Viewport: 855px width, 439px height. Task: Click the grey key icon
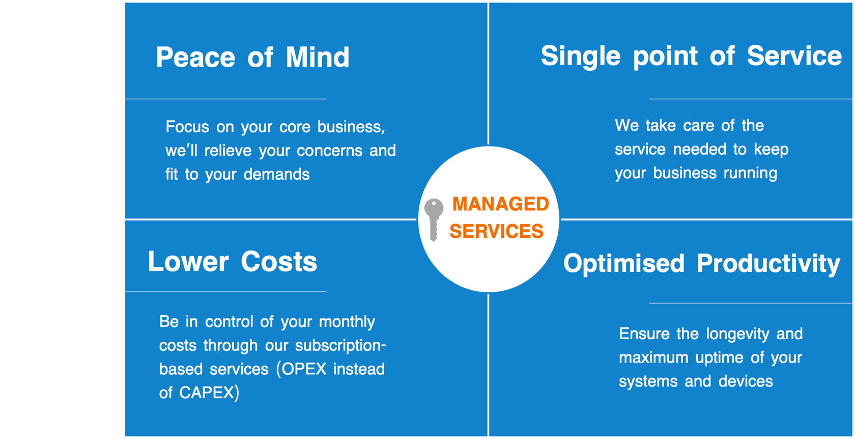pos(434,218)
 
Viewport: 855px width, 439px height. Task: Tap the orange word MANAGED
pos(500,204)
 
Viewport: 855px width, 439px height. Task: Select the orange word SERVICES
pos(496,232)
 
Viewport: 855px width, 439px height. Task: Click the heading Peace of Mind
pos(252,57)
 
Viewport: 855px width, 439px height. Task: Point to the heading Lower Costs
pos(232,262)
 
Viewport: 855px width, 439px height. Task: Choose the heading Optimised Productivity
pos(701,264)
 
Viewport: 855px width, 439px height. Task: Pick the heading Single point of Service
pos(691,56)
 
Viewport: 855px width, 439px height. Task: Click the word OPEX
pos(304,369)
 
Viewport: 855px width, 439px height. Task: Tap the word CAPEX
pos(206,393)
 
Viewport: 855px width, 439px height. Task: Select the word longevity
pos(738,334)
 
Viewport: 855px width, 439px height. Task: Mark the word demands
pos(276,175)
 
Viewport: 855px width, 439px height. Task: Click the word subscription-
pos(340,345)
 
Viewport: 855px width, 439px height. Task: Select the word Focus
pos(187,127)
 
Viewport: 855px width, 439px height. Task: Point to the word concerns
pos(330,151)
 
